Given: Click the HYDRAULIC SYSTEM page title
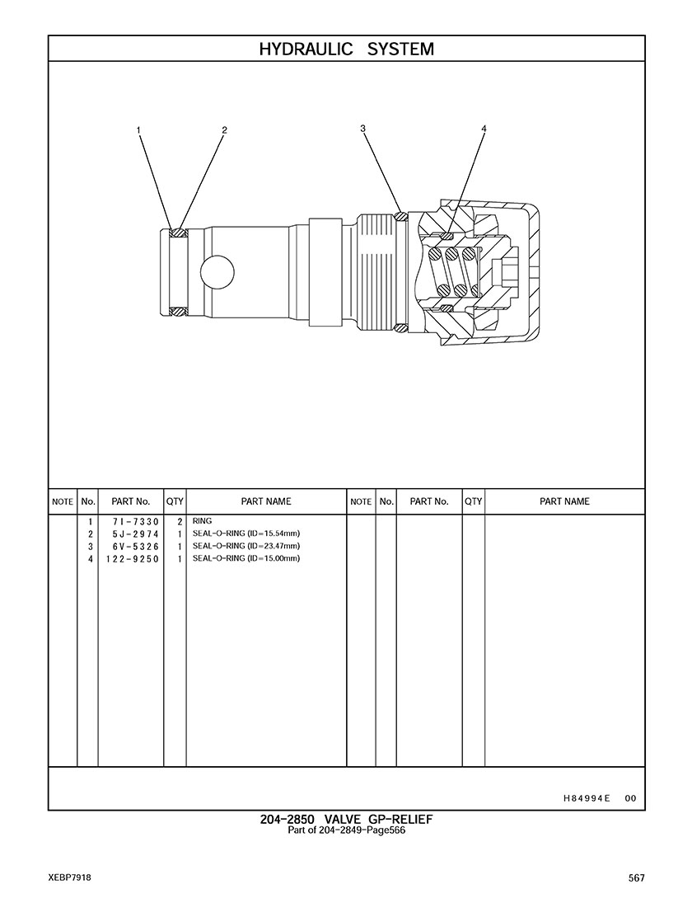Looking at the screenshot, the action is click(x=346, y=49).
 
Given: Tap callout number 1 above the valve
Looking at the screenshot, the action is click(x=138, y=130).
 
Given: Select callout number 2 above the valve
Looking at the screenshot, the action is click(x=224, y=130).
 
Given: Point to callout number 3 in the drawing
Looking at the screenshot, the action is click(x=362, y=129).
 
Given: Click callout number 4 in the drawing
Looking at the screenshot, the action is click(x=484, y=129).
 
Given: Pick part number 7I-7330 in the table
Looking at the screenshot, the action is click(x=136, y=522).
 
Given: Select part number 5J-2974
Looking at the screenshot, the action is click(x=136, y=534).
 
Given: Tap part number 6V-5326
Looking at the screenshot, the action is click(x=136, y=547).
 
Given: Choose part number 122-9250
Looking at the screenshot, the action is click(x=132, y=559).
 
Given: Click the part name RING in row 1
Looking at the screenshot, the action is click(x=202, y=521).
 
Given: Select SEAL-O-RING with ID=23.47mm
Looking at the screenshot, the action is click(x=246, y=546).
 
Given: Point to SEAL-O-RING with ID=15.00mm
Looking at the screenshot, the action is click(x=246, y=558).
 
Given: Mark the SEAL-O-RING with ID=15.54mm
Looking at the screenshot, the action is click(x=246, y=534).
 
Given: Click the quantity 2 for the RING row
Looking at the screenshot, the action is click(x=179, y=522).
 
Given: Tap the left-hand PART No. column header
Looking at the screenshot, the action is click(x=130, y=501).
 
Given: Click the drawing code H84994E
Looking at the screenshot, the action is click(x=587, y=797).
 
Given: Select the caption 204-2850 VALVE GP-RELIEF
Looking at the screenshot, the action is click(x=346, y=820).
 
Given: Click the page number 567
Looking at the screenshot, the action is click(x=637, y=878).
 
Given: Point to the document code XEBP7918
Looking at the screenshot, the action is click(x=70, y=878).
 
